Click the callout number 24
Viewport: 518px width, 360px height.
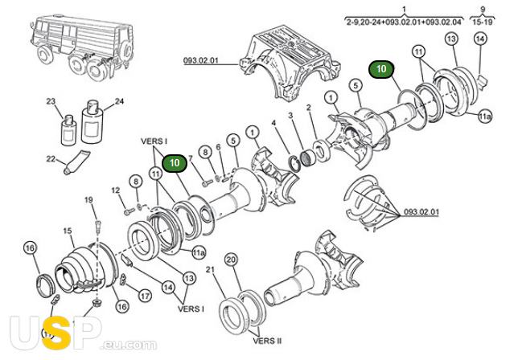pyautogui.click(x=119, y=101)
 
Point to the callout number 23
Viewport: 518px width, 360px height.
pyautogui.click(x=51, y=101)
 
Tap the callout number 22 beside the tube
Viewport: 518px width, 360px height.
pyautogui.click(x=51, y=159)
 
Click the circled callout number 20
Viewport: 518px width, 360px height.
pyautogui.click(x=232, y=260)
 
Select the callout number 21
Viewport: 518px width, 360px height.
pyautogui.click(x=210, y=269)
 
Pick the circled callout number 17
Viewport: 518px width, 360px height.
pyautogui.click(x=145, y=296)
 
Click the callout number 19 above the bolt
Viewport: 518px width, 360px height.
pyautogui.click(x=88, y=200)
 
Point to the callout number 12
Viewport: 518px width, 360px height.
pyautogui.click(x=115, y=190)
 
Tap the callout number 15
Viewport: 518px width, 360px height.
pyautogui.click(x=68, y=231)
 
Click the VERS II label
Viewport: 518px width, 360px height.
pyautogui.click(x=267, y=340)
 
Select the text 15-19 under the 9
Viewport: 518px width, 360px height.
pyautogui.click(x=483, y=22)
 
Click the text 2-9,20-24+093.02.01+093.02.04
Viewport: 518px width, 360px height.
pyautogui.click(x=403, y=22)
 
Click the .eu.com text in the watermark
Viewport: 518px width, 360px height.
pyautogui.click(x=129, y=345)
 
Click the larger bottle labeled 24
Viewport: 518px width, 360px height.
pyautogui.click(x=92, y=122)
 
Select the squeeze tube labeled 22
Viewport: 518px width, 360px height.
pyautogui.click(x=76, y=162)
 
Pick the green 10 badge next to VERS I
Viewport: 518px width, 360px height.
pyautogui.click(x=175, y=162)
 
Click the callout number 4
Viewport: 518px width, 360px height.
pyautogui.click(x=273, y=123)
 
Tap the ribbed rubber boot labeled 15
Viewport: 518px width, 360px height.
pyautogui.click(x=85, y=267)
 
